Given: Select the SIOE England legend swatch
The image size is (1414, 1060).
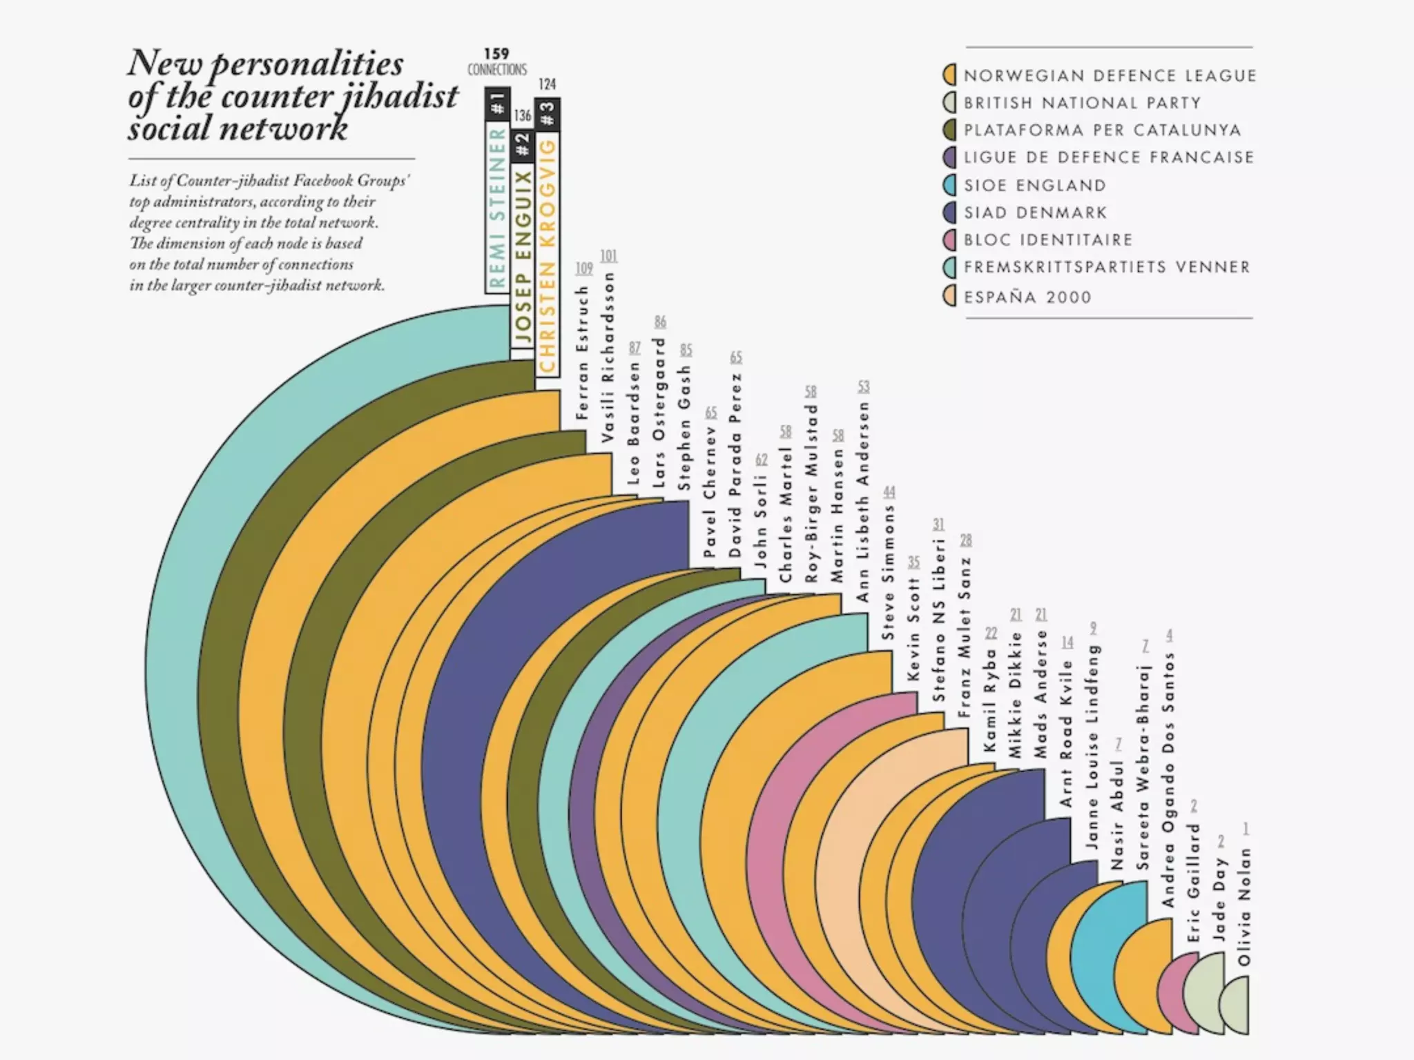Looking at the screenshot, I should [x=950, y=185].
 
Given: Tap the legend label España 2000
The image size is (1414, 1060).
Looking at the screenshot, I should [x=1027, y=297].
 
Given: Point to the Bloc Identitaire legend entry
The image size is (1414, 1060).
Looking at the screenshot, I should [x=1048, y=240].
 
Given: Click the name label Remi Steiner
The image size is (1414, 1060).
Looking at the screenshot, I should [x=498, y=207].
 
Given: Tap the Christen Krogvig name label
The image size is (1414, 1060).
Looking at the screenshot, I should [x=548, y=255].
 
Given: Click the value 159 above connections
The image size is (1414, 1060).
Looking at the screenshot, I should [x=496, y=54].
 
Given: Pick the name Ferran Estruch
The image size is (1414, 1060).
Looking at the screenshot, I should [x=583, y=353].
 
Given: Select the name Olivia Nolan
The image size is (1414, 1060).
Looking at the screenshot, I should [x=1244, y=906].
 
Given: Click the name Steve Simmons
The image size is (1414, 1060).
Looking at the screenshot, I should [x=889, y=573].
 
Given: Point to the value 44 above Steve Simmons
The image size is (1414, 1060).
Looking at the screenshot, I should [x=889, y=492].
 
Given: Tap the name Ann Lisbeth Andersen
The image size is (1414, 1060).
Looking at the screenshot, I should [x=863, y=502].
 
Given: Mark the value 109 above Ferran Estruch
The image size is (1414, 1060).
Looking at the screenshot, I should [x=584, y=268].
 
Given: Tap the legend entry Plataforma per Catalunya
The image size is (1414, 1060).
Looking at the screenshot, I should [x=1102, y=130].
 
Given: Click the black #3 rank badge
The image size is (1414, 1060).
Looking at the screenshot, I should [x=548, y=114].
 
